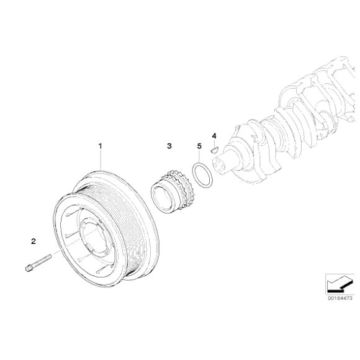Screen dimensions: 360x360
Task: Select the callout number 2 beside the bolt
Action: click(34, 240)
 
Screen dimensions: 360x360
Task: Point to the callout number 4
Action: click(214, 135)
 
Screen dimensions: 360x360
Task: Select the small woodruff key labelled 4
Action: click(212, 148)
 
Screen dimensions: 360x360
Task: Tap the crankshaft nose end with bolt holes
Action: click(222, 164)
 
